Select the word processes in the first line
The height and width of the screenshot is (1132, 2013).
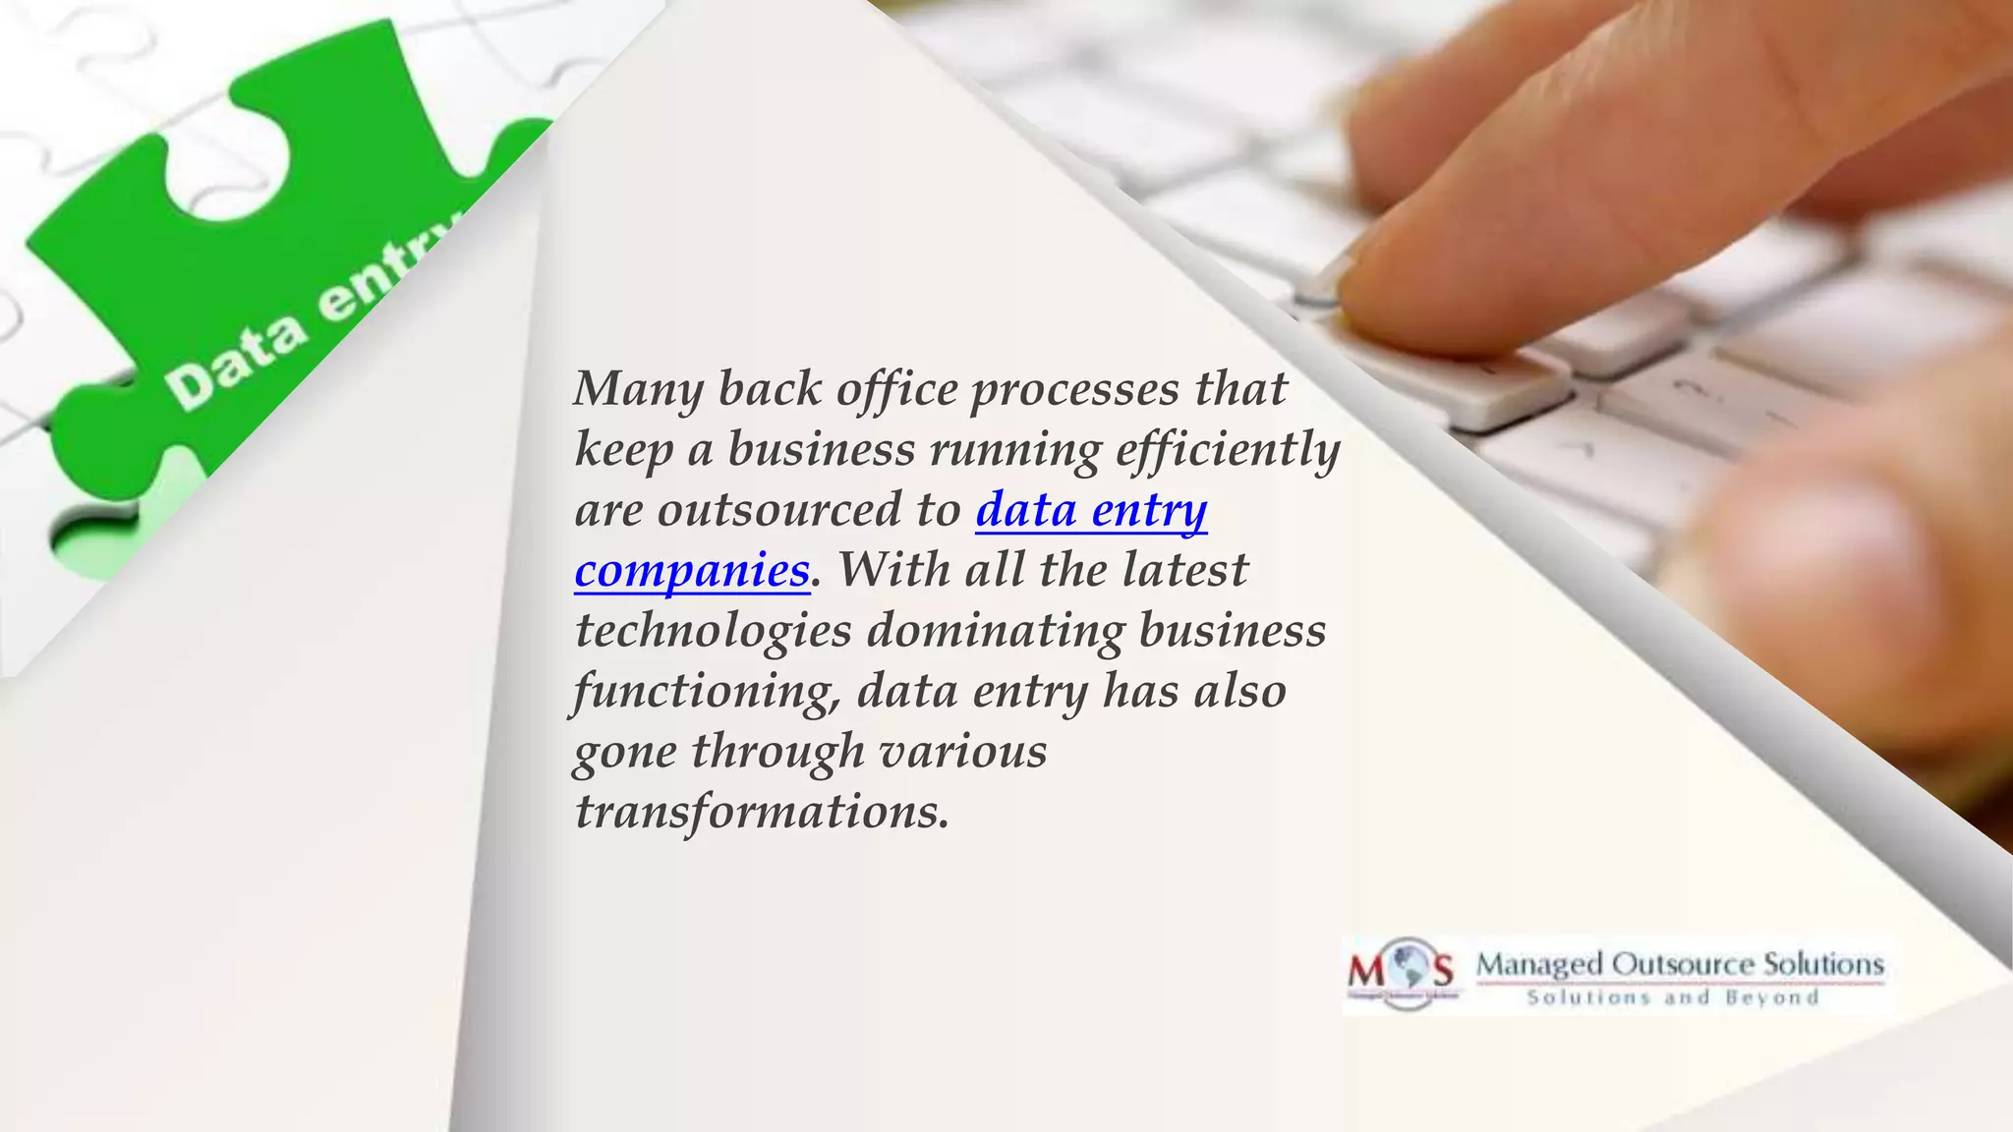tap(1074, 389)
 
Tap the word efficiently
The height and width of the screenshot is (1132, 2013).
tap(1228, 450)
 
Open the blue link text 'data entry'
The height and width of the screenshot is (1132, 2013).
tap(1091, 510)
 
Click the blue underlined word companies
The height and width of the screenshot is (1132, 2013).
tap(692, 571)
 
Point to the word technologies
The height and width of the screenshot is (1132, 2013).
tap(713, 631)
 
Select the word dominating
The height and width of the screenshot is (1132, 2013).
tap(995, 631)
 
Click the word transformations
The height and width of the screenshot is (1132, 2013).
tap(762, 812)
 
